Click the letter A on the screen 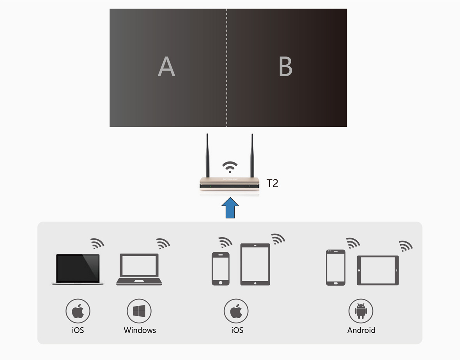[166, 66]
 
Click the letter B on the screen [285, 66]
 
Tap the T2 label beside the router [272, 183]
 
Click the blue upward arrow [230, 207]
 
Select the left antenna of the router [207, 156]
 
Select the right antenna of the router [252, 156]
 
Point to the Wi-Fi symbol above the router [230, 167]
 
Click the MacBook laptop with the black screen [78, 269]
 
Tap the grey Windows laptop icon [139, 269]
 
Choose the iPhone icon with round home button [221, 269]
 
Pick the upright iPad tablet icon [255, 264]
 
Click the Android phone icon [336, 268]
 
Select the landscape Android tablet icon [378, 270]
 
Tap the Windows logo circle [139, 311]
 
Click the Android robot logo [361, 311]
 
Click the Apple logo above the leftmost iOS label [78, 311]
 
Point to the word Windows [140, 330]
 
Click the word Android [361, 330]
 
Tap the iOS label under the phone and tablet [237, 330]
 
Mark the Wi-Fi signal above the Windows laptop [163, 244]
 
